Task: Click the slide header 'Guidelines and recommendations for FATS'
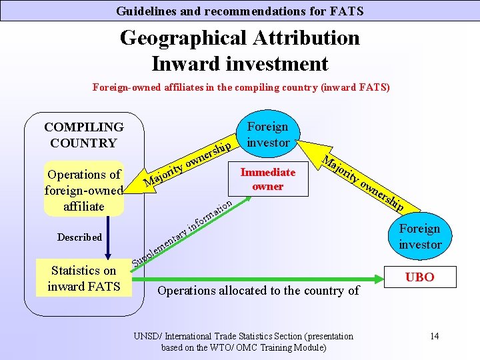tap(239, 11)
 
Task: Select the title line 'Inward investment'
tap(239, 63)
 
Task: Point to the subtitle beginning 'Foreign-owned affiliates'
tap(241, 87)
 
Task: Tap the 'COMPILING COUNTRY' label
tap(83, 135)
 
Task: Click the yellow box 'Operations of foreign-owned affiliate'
tap(83, 190)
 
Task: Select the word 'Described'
tap(79, 237)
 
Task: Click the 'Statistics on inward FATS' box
tap(83, 279)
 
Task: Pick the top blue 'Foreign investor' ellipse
tap(267, 134)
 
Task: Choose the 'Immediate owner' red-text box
tap(267, 179)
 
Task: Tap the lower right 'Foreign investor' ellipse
tap(420, 237)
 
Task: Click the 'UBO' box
tap(419, 277)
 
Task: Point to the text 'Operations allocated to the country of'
tap(258, 290)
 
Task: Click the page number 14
tap(435, 335)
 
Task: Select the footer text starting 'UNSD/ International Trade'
tap(243, 341)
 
